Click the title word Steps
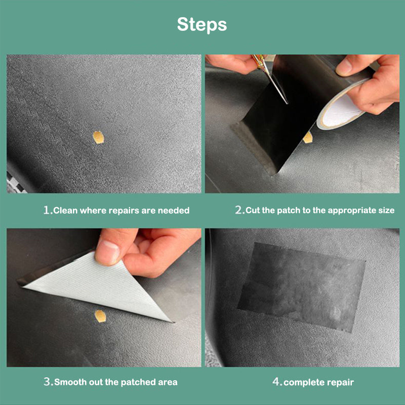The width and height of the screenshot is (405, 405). (x=202, y=24)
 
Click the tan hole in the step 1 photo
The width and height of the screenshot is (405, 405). (x=99, y=137)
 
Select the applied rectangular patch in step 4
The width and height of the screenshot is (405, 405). (x=301, y=286)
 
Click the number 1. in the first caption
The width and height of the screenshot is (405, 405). (x=48, y=210)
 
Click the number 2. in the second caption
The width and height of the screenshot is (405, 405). (x=240, y=210)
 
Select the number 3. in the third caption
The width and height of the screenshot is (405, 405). (x=49, y=382)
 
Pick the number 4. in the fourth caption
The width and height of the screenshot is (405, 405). (x=277, y=382)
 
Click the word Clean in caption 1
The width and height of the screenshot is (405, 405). (x=66, y=210)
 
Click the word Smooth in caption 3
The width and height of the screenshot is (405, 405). (x=71, y=382)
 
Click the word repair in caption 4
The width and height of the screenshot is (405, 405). (x=340, y=382)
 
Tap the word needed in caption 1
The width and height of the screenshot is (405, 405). (x=175, y=210)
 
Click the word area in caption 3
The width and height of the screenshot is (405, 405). (x=167, y=382)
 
